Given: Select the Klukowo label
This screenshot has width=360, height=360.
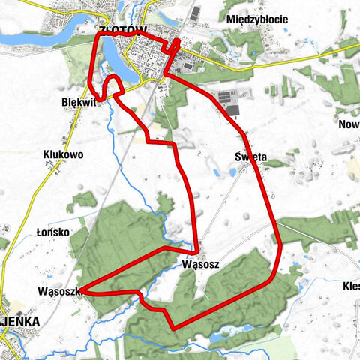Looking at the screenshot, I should pyautogui.click(x=63, y=154).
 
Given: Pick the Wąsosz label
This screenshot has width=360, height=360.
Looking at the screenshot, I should pyautogui.click(x=200, y=265).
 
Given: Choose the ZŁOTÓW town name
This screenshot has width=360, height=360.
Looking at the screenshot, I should pyautogui.click(x=120, y=30).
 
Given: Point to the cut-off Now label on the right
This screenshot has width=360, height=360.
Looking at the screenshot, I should pyautogui.click(x=349, y=124).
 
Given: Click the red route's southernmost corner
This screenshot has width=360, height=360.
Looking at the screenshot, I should pyautogui.click(x=175, y=327).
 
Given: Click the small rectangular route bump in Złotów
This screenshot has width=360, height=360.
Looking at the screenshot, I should pyautogui.click(x=175, y=46).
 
